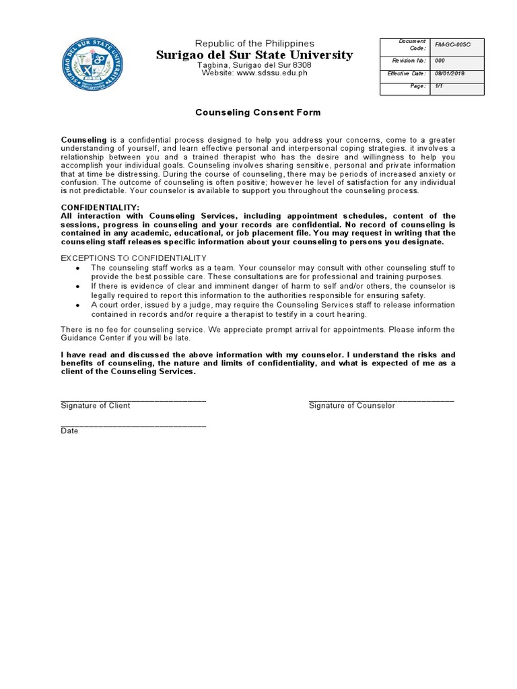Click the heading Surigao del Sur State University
[x=254, y=55]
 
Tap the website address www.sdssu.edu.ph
[x=272, y=73]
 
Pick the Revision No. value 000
[x=440, y=61]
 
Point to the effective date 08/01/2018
[x=450, y=73]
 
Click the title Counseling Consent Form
[x=258, y=112]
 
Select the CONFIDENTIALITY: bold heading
[x=100, y=207]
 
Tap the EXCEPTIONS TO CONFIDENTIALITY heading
[x=134, y=258]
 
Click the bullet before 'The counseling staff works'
[x=78, y=268]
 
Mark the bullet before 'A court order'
[x=78, y=305]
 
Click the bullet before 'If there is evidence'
[x=78, y=287]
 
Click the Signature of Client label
[x=96, y=406]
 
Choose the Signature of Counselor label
[x=352, y=406]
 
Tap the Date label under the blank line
[x=69, y=431]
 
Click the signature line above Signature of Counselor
[x=381, y=400]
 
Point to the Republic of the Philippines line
[x=254, y=43]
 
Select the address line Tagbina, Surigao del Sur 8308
[x=254, y=65]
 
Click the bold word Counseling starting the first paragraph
[x=83, y=139]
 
